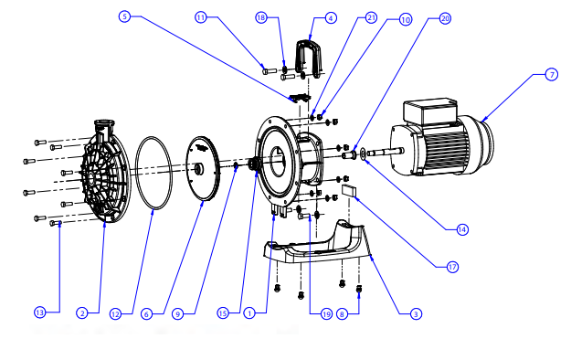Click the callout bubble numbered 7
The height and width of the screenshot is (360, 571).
tap(552, 75)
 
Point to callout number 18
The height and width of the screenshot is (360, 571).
tap(261, 17)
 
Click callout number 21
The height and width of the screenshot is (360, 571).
tap(370, 17)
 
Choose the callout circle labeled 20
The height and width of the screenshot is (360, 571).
tap(445, 17)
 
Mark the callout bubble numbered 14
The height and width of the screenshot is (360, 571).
tap(462, 228)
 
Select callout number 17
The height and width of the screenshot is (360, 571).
tap(451, 268)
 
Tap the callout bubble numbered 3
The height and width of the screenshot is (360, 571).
tap(415, 313)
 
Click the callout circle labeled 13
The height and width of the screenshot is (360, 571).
tap(39, 313)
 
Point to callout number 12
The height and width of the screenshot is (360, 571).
tap(115, 313)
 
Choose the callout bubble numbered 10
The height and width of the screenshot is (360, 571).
tap(406, 17)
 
